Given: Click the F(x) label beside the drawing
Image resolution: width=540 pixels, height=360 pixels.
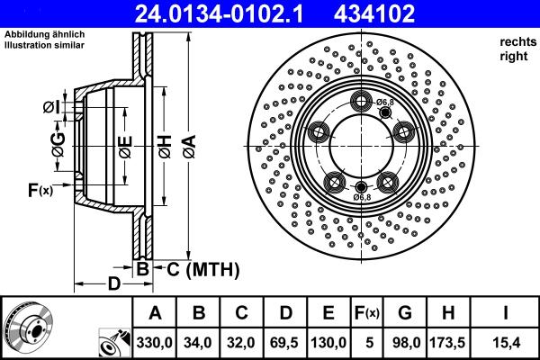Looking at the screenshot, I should coord(40,190).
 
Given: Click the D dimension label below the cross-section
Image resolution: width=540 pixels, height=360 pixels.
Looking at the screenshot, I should coord(113,285).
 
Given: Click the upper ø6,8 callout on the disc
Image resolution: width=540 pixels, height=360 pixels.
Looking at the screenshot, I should coord(385,103).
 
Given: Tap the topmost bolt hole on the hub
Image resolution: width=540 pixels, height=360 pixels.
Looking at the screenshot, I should coord(361,101).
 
